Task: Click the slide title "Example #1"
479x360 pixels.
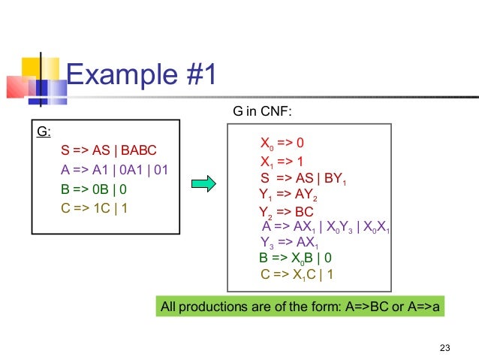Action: [x=142, y=77]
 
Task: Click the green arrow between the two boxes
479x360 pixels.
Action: [x=203, y=183]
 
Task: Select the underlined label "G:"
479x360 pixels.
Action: [x=44, y=132]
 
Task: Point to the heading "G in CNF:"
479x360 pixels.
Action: [x=262, y=113]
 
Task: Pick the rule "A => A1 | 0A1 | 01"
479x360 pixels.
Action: [x=114, y=169]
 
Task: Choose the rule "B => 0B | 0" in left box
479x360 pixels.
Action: [x=93, y=189]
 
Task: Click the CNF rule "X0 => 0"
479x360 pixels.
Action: [x=281, y=143]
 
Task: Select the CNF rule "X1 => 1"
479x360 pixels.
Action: [x=281, y=162]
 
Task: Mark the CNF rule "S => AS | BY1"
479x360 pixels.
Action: [x=303, y=179]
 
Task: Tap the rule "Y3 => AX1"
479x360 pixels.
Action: [x=289, y=242]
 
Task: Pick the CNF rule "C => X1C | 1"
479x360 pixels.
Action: [x=297, y=274]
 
